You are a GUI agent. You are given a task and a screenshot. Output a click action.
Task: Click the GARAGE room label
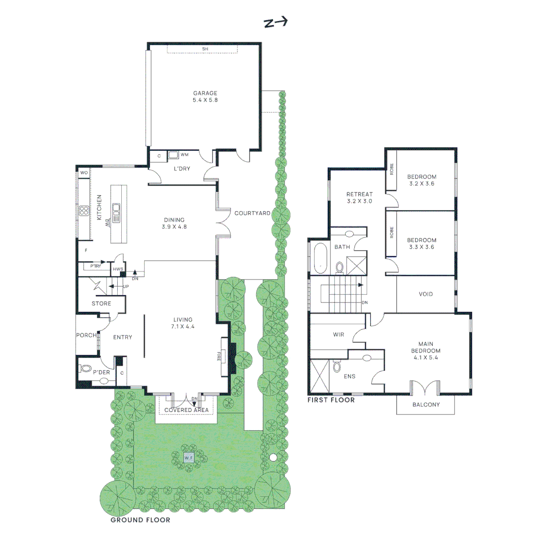tap(205, 96)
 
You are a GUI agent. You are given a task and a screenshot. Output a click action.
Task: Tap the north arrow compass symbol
tap(276, 22)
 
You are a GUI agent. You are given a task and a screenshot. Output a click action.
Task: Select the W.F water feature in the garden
tap(189, 458)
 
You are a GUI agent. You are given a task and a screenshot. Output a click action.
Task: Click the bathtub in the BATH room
tap(321, 257)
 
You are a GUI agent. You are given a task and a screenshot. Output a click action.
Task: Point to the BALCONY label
tap(426, 405)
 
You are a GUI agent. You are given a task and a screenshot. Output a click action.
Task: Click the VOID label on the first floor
tap(426, 294)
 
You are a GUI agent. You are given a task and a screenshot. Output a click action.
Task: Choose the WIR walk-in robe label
tap(338, 335)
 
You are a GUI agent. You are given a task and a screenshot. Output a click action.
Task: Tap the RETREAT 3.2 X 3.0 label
tap(359, 197)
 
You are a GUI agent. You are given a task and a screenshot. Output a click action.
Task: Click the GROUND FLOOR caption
tap(141, 520)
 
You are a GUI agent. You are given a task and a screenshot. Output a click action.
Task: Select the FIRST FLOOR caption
tap(331, 400)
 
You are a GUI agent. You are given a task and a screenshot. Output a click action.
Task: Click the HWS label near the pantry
tap(118, 269)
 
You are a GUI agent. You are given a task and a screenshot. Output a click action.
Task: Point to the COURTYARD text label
tap(252, 214)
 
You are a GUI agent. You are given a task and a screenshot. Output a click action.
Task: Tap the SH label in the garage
tap(205, 49)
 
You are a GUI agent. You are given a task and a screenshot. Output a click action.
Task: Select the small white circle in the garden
tap(273, 458)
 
